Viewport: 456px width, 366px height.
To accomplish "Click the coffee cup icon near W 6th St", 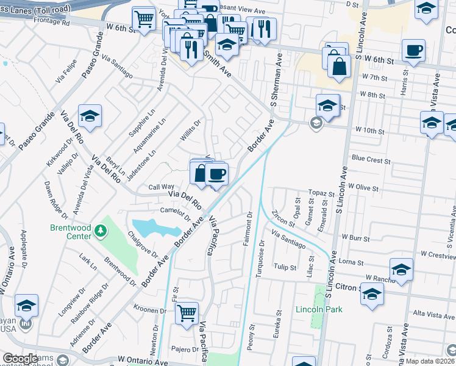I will pyautogui.click(x=413, y=51).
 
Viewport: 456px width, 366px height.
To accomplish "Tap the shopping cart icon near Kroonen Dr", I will pyautogui.click(x=187, y=314).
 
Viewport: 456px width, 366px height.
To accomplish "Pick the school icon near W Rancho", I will pyautogui.click(x=402, y=270).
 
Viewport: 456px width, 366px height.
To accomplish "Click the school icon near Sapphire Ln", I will pyautogui.click(x=90, y=116).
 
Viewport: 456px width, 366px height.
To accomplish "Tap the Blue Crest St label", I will pyautogui.click(x=371, y=159).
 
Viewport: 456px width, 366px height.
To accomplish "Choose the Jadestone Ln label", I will pyautogui.click(x=141, y=166).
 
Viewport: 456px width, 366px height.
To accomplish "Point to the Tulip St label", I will pyautogui.click(x=285, y=267).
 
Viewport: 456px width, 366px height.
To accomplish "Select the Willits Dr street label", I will pyautogui.click(x=190, y=129).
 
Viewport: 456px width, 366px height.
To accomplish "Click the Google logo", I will pyautogui.click(x=21, y=358).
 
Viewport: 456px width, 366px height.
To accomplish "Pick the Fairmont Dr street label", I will pyautogui.click(x=248, y=229).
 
